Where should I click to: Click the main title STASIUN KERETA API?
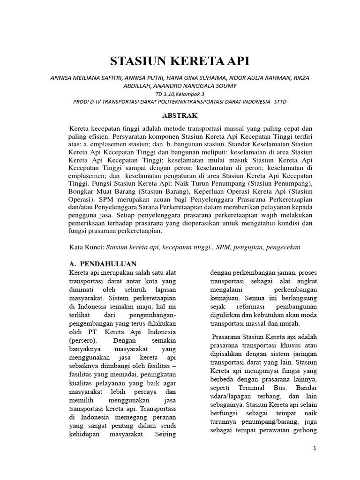pos(180,61)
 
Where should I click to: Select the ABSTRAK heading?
pos(180,114)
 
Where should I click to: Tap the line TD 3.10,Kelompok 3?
pos(180,93)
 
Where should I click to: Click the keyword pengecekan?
pos(286,247)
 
